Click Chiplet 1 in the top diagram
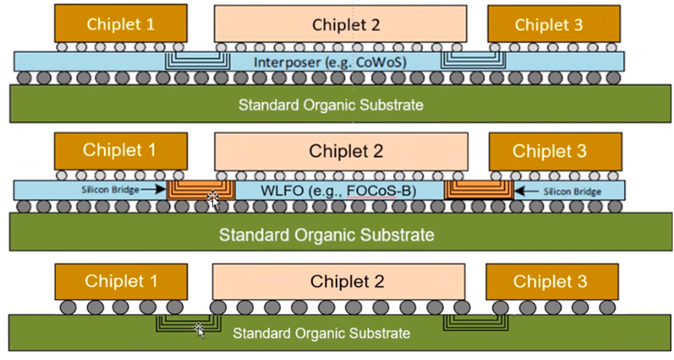(121, 24)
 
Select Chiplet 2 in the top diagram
(346, 25)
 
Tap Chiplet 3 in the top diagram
(548, 25)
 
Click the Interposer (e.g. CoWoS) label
(330, 62)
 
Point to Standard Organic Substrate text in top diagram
(330, 105)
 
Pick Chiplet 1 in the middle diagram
(120, 150)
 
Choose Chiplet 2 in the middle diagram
(346, 151)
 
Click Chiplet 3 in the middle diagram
(549, 151)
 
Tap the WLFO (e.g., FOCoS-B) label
(338, 189)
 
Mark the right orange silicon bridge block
(479, 190)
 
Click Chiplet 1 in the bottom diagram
(121, 281)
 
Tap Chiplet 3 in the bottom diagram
(550, 281)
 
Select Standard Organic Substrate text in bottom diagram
(321, 333)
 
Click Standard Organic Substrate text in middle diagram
(326, 234)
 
